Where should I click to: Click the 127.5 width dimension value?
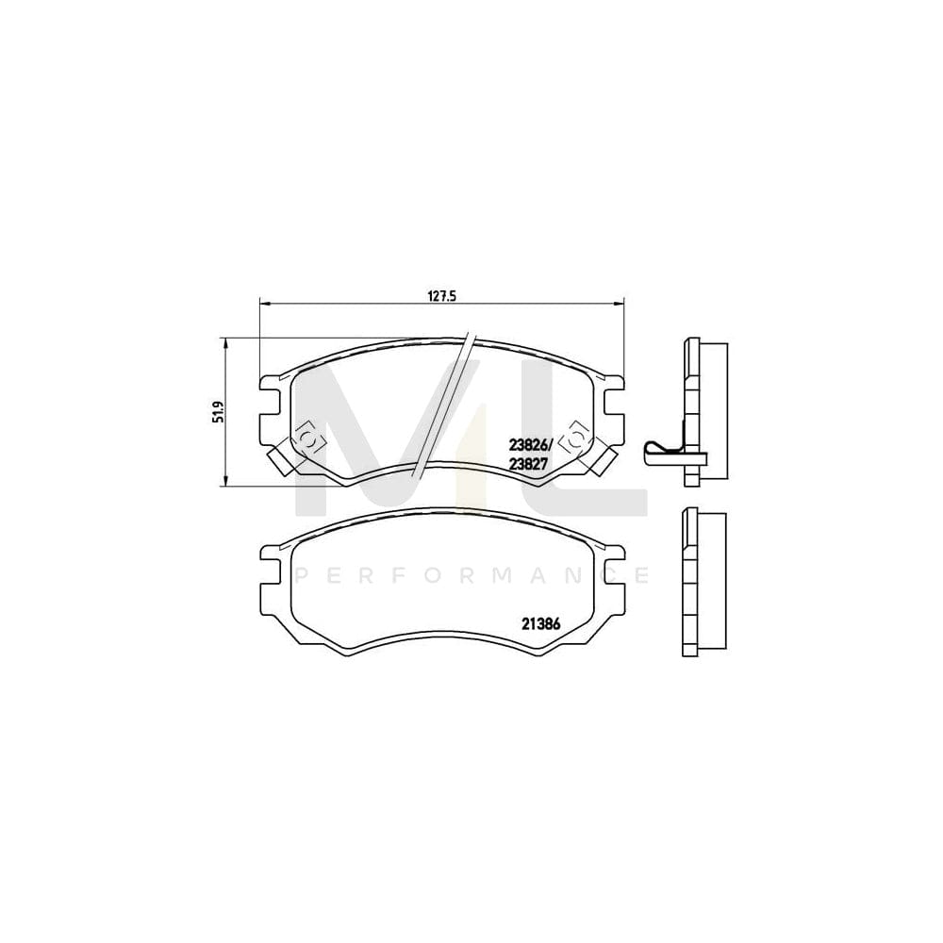442,294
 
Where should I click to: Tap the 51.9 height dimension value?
218,412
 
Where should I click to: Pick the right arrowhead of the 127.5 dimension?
619,304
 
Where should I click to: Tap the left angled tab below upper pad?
282,460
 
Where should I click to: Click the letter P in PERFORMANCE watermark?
302,573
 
